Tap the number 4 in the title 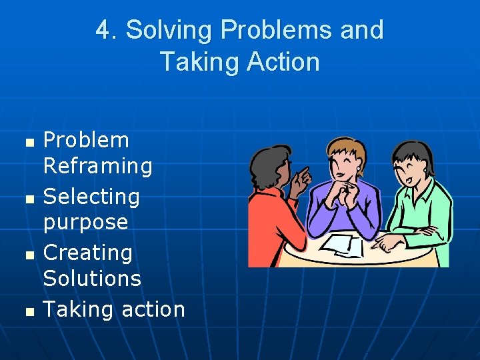(103, 31)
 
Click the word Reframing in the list (97, 166)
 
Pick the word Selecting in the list (91, 197)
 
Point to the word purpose (85, 221)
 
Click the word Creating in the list (88, 253)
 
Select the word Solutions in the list (92, 278)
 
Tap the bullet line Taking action (114, 309)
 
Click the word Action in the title (283, 63)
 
